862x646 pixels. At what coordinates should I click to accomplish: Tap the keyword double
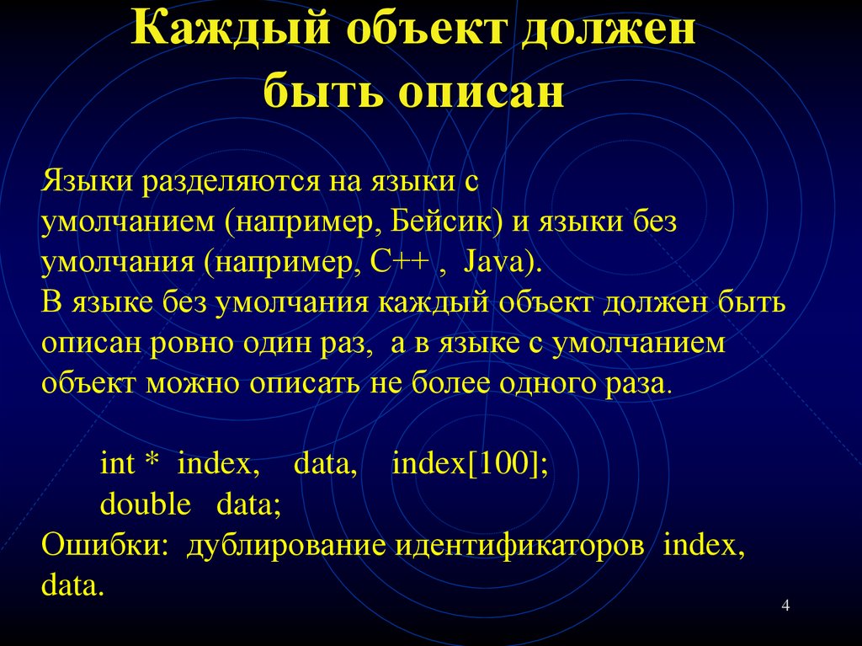(x=146, y=505)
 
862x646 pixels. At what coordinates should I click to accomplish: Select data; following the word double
(x=248, y=505)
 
